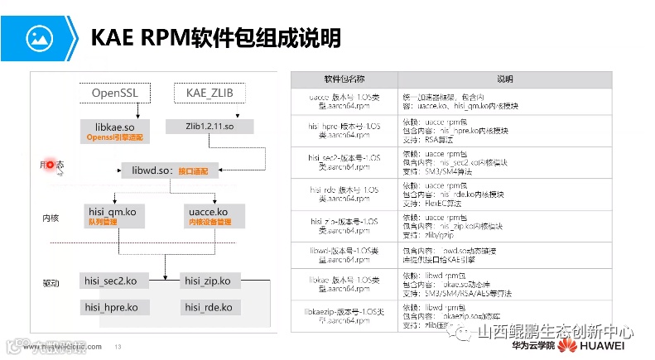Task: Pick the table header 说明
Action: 504,79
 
